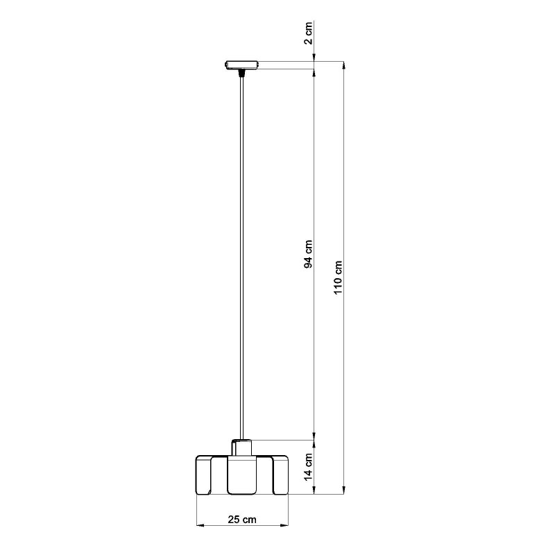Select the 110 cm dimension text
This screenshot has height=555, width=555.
click(339, 277)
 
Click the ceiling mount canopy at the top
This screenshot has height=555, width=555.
click(241, 65)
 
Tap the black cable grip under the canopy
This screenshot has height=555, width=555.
click(241, 71)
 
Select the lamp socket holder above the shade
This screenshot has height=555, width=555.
click(242, 447)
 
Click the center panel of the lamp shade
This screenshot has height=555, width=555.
click(242, 476)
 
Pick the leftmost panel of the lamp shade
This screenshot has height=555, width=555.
click(204, 476)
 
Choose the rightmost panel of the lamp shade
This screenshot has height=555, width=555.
click(281, 476)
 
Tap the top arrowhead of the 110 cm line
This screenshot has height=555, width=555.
click(344, 65)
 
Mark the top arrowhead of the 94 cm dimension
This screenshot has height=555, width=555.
click(315, 73)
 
